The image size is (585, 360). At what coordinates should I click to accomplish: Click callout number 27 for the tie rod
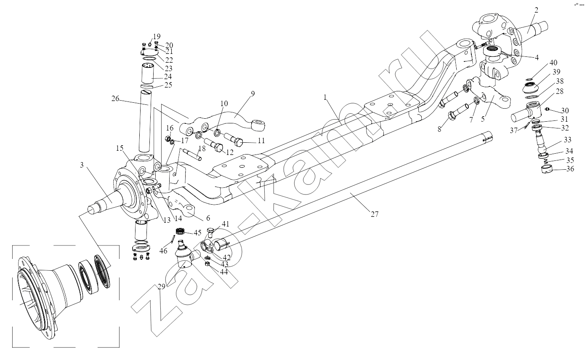[375, 214]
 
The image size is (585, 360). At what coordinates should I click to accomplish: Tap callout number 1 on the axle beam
[325, 97]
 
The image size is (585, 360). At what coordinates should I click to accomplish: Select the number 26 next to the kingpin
[115, 99]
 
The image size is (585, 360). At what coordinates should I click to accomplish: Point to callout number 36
[570, 169]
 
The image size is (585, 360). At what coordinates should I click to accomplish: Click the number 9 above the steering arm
[253, 93]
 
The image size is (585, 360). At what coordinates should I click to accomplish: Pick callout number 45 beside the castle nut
[197, 232]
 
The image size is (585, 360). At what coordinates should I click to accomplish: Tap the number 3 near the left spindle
[82, 165]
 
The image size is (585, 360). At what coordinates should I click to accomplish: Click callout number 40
[553, 63]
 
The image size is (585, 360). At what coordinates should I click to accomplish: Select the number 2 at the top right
[537, 10]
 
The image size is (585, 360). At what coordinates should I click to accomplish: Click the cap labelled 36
[546, 169]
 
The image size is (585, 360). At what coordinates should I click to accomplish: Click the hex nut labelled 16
[168, 139]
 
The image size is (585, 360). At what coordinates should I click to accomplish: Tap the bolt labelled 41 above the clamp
[210, 232]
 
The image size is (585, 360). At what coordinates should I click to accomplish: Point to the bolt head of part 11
[239, 142]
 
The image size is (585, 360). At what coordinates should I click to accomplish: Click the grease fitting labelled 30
[548, 109]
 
